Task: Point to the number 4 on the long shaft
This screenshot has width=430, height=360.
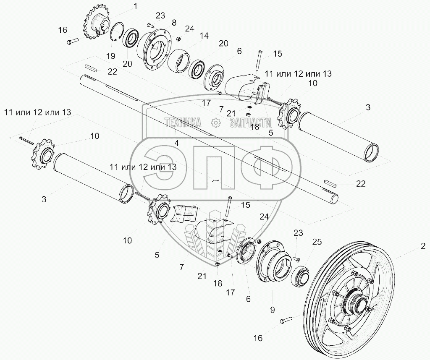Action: [177, 143]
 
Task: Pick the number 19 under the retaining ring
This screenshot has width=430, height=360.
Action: [110, 56]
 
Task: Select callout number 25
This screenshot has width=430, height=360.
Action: [317, 242]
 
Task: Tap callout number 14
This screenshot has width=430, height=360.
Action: [204, 36]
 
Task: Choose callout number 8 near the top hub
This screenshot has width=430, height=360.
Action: [162, 22]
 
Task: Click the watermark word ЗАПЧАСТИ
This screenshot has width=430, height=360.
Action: [250, 122]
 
